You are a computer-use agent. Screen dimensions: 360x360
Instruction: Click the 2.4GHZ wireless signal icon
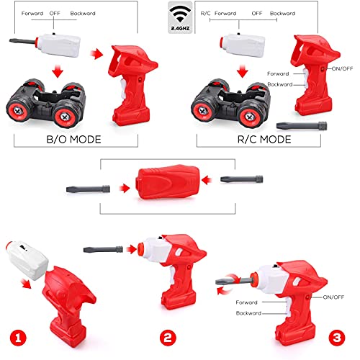click(180, 17)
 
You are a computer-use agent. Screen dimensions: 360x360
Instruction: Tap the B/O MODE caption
click(73, 140)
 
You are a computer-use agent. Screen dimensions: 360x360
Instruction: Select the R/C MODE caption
click(264, 140)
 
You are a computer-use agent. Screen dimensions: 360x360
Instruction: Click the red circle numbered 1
click(18, 338)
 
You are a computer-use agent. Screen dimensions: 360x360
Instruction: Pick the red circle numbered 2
click(168, 338)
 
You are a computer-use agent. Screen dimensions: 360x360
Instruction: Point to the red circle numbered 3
click(337, 338)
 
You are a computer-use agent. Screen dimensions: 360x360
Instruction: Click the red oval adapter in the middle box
click(167, 181)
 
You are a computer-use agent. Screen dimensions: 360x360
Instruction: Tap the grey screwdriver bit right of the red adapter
click(242, 179)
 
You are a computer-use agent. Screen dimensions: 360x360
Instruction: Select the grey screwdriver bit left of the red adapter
click(88, 189)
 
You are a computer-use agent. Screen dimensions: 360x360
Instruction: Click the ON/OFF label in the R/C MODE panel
click(342, 68)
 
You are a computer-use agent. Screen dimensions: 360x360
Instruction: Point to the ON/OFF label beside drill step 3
click(333, 297)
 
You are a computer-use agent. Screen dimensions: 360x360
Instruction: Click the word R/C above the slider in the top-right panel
click(205, 14)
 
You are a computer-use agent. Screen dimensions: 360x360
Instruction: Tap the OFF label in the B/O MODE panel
click(55, 14)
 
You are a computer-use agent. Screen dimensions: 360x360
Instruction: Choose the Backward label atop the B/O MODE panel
click(83, 14)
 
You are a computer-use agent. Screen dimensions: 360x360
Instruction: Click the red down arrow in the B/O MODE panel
click(58, 71)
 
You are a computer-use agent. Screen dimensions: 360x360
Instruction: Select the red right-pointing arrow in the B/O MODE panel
click(96, 54)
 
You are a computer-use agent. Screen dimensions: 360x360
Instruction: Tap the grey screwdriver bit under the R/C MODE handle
click(302, 126)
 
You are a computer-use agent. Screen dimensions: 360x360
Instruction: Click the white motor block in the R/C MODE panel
click(243, 45)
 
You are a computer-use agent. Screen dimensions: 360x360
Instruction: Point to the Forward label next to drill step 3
click(246, 302)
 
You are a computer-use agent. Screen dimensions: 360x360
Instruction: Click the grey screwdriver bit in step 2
click(103, 249)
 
